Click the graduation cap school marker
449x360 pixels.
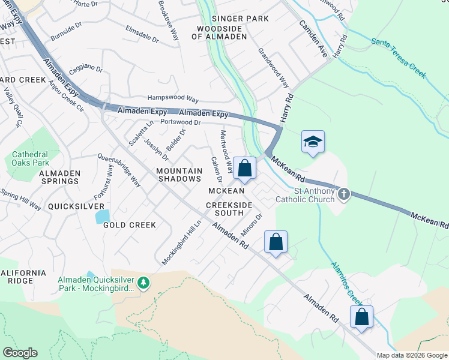point(313,142)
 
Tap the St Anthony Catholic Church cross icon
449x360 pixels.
point(343,194)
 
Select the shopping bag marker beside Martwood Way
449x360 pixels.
point(244,169)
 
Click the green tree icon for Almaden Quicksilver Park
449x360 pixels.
point(143,282)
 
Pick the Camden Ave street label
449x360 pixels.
point(315,37)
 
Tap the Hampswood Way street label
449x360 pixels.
point(173,98)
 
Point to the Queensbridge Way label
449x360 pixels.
point(119,170)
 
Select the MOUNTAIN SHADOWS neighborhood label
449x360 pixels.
point(179,175)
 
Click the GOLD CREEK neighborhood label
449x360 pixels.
point(130,225)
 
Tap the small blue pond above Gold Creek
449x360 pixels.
point(103,216)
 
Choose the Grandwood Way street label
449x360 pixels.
point(273,67)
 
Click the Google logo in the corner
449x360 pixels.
point(19,353)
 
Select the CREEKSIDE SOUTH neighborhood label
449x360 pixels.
point(229,209)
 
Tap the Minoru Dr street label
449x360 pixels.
point(252,224)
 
